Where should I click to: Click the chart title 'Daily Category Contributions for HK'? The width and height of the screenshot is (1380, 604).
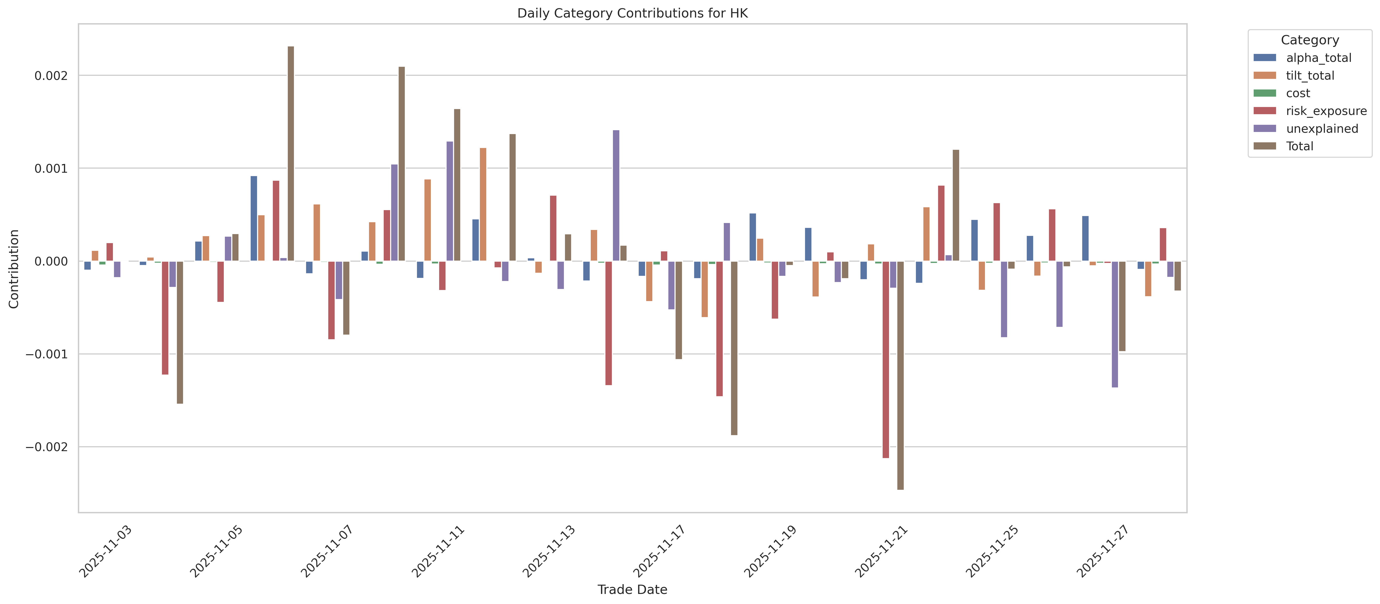[x=632, y=13]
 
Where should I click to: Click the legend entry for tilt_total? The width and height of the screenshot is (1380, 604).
[x=1310, y=76]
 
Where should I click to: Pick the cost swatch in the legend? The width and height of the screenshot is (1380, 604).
[x=1265, y=93]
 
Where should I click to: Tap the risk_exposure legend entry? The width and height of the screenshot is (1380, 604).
[x=1326, y=111]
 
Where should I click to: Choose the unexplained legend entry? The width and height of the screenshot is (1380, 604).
[x=1322, y=129]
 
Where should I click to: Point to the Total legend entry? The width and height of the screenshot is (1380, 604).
[x=1299, y=146]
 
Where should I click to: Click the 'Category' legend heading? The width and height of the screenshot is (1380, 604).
[x=1309, y=40]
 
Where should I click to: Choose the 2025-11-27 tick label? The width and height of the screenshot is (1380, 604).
[x=1103, y=551]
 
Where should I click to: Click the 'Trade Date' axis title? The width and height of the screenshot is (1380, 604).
[x=632, y=590]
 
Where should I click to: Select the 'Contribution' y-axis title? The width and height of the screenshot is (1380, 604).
[x=14, y=269]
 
